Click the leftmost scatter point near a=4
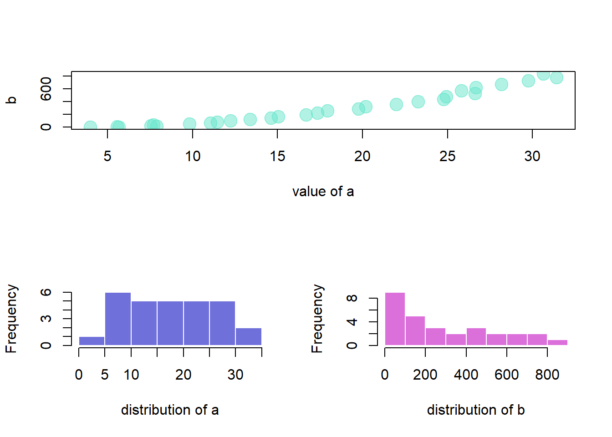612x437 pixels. pyautogui.click(x=90, y=127)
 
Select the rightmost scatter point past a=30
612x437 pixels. pyautogui.click(x=556, y=78)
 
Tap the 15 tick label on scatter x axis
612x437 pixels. pyautogui.click(x=277, y=157)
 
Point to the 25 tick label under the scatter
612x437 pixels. pyautogui.click(x=447, y=157)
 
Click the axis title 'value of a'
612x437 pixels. pyautogui.click(x=323, y=192)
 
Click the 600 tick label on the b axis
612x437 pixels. pyautogui.click(x=46, y=89)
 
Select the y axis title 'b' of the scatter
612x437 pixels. pyautogui.click(x=11, y=100)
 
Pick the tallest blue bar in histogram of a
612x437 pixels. pyautogui.click(x=118, y=319)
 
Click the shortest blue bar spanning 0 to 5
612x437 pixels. pyautogui.click(x=92, y=341)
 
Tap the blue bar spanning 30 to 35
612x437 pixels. pyautogui.click(x=249, y=337)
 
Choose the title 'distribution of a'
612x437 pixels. pyautogui.click(x=170, y=410)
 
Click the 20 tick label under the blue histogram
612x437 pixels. pyautogui.click(x=184, y=375)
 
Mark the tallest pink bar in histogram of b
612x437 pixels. pyautogui.click(x=395, y=319)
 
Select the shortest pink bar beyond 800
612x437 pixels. pyautogui.click(x=557, y=342)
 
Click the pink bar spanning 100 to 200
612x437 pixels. pyautogui.click(x=415, y=331)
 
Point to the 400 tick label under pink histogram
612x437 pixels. pyautogui.click(x=466, y=375)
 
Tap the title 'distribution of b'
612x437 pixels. pyautogui.click(x=476, y=410)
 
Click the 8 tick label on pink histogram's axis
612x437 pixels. pyautogui.click(x=352, y=299)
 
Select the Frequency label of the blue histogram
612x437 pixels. pyautogui.click(x=11, y=319)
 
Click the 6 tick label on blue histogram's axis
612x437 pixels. pyautogui.click(x=46, y=292)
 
